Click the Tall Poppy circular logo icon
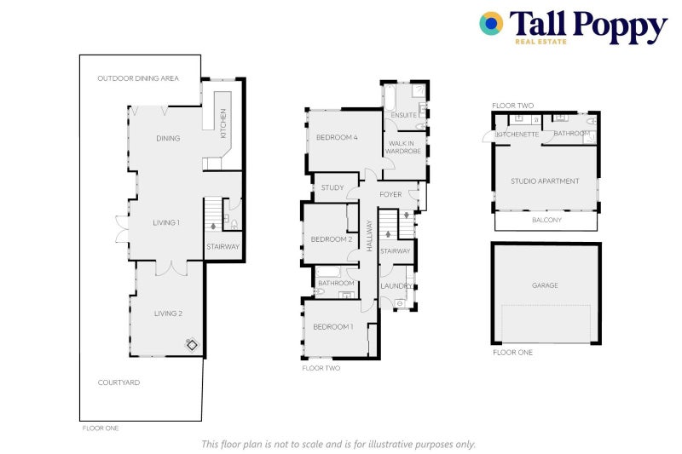[x=491, y=24]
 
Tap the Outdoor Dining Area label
[x=138, y=78]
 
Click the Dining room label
[x=168, y=138]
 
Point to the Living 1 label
[x=166, y=223]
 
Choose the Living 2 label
[x=168, y=313]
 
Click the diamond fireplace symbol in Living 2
[x=192, y=345]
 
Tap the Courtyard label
[x=118, y=382]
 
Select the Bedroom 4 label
[x=337, y=138]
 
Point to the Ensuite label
[x=403, y=115]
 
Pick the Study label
[x=332, y=187]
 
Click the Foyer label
[x=390, y=194]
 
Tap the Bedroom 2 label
[x=332, y=239]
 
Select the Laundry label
[x=396, y=286]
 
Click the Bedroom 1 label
[x=333, y=327]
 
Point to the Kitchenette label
[x=517, y=135]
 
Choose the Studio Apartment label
[x=545, y=181]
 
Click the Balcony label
[x=546, y=220]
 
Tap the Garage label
[x=545, y=285]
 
